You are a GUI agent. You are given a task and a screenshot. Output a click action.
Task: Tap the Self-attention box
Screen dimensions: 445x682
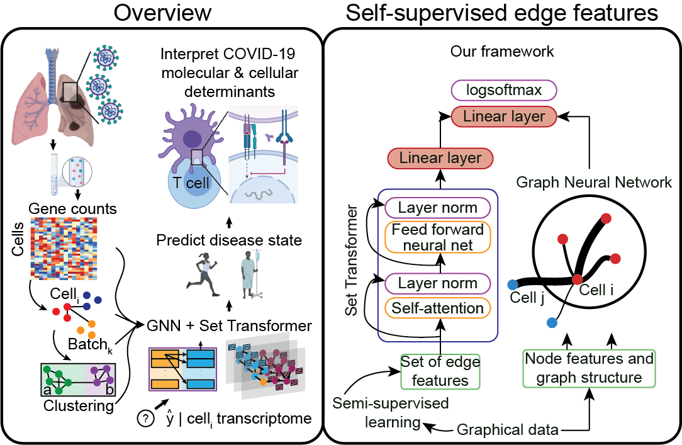click(438, 308)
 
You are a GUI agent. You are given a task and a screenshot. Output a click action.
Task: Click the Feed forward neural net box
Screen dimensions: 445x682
click(438, 237)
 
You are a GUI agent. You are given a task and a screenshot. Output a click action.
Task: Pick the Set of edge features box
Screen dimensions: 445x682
click(440, 371)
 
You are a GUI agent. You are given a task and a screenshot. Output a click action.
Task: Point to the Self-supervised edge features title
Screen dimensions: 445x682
click(502, 13)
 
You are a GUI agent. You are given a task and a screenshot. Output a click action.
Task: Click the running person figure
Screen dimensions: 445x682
click(204, 275)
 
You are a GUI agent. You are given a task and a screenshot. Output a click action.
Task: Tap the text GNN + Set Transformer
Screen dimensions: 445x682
click(228, 325)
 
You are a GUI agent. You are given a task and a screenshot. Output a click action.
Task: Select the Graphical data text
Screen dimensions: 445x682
click(507, 430)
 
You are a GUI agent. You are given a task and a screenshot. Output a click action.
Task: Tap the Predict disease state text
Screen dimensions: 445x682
click(229, 240)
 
